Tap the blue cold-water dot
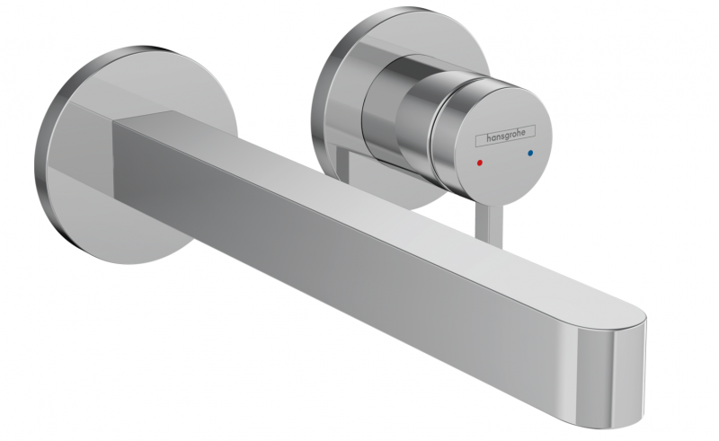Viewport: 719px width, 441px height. point(531,154)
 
